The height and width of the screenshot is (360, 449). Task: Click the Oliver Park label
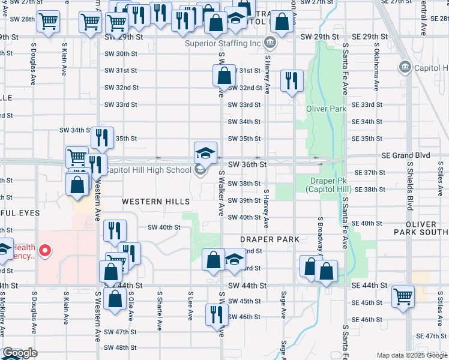point(326,109)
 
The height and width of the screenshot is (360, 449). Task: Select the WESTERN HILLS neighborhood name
point(156,201)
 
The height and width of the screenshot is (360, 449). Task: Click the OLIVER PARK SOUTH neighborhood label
point(422,227)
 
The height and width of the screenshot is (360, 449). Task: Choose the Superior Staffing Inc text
point(223,43)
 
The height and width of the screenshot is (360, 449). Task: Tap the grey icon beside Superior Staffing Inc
point(270,43)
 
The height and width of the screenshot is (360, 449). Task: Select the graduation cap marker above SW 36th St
point(205,152)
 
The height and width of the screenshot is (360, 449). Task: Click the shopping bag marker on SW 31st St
point(223,76)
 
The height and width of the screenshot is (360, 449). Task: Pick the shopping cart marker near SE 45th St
point(403,296)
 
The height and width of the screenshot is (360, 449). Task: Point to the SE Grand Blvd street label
point(406,155)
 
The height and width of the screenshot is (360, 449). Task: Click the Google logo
point(20,353)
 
